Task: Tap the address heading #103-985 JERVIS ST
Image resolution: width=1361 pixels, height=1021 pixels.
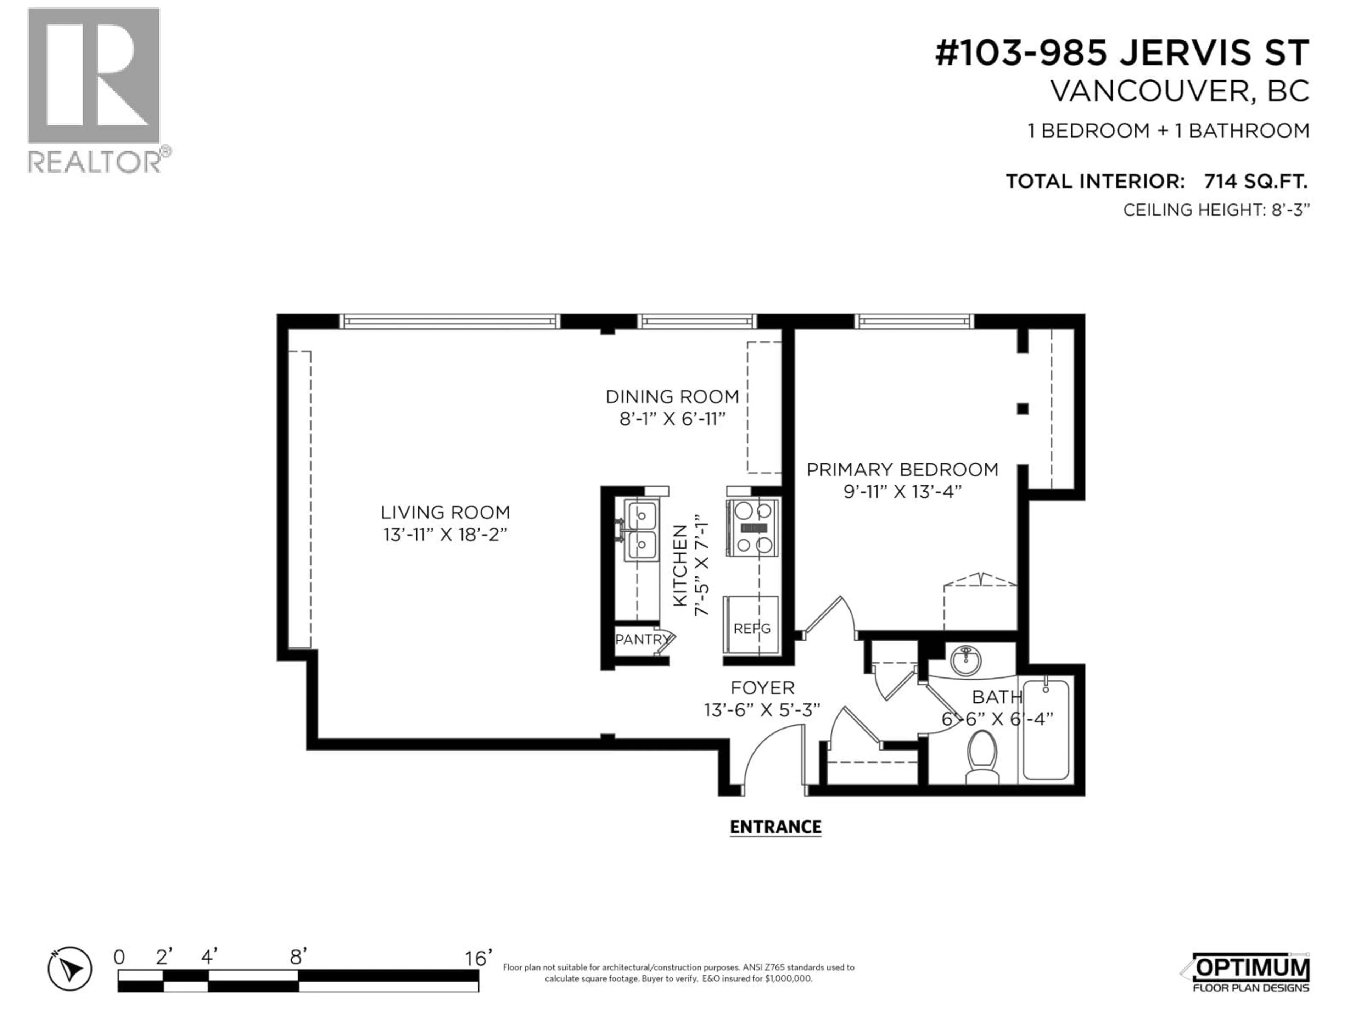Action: click(x=1122, y=53)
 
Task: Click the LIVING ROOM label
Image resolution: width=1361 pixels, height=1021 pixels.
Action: click(x=445, y=512)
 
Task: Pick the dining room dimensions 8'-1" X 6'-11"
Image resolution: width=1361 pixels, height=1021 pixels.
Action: click(x=672, y=419)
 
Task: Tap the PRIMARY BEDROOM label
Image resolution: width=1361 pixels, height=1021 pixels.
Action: click(x=902, y=470)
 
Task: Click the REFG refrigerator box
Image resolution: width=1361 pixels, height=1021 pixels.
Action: click(x=751, y=625)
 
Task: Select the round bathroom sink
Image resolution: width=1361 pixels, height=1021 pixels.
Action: click(x=966, y=660)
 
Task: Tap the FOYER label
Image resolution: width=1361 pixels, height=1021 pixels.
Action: click(x=762, y=687)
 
